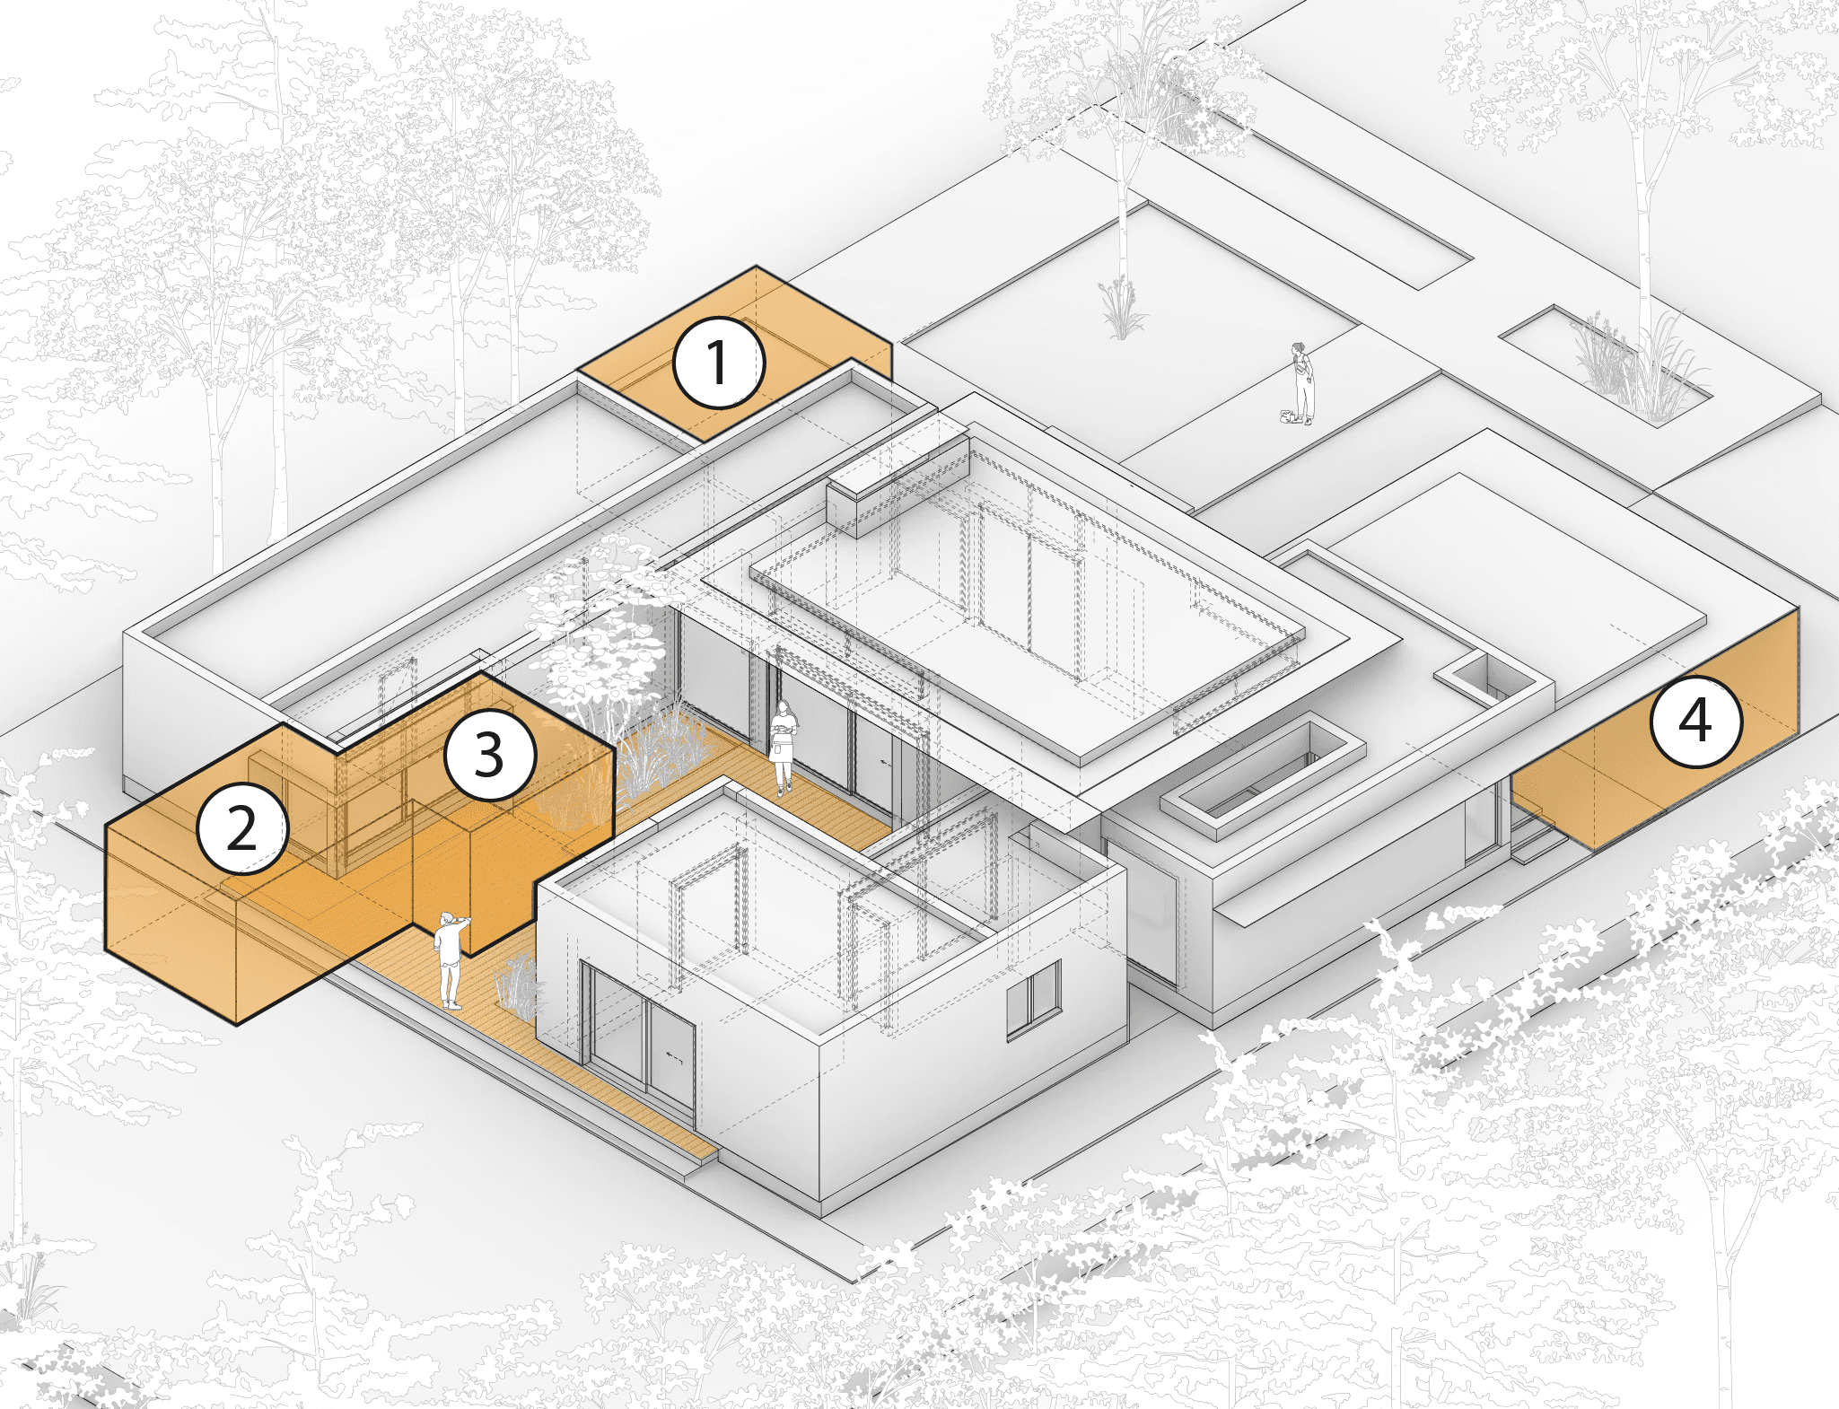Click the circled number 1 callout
coord(719,363)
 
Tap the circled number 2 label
coord(242,827)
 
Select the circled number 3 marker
coord(490,755)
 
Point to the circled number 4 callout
coord(1695,721)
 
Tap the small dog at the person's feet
coord(1288,416)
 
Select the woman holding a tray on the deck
coord(784,746)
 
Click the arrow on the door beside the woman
coord(885,762)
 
